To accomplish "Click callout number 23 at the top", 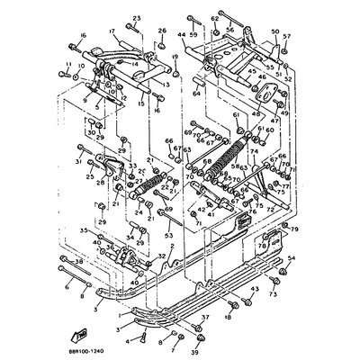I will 137,18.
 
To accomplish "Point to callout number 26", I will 162,32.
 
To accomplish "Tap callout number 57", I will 287,37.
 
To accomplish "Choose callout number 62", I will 213,18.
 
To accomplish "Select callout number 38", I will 79,261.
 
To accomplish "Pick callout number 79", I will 292,230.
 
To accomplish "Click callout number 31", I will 78,162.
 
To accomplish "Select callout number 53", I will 167,235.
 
